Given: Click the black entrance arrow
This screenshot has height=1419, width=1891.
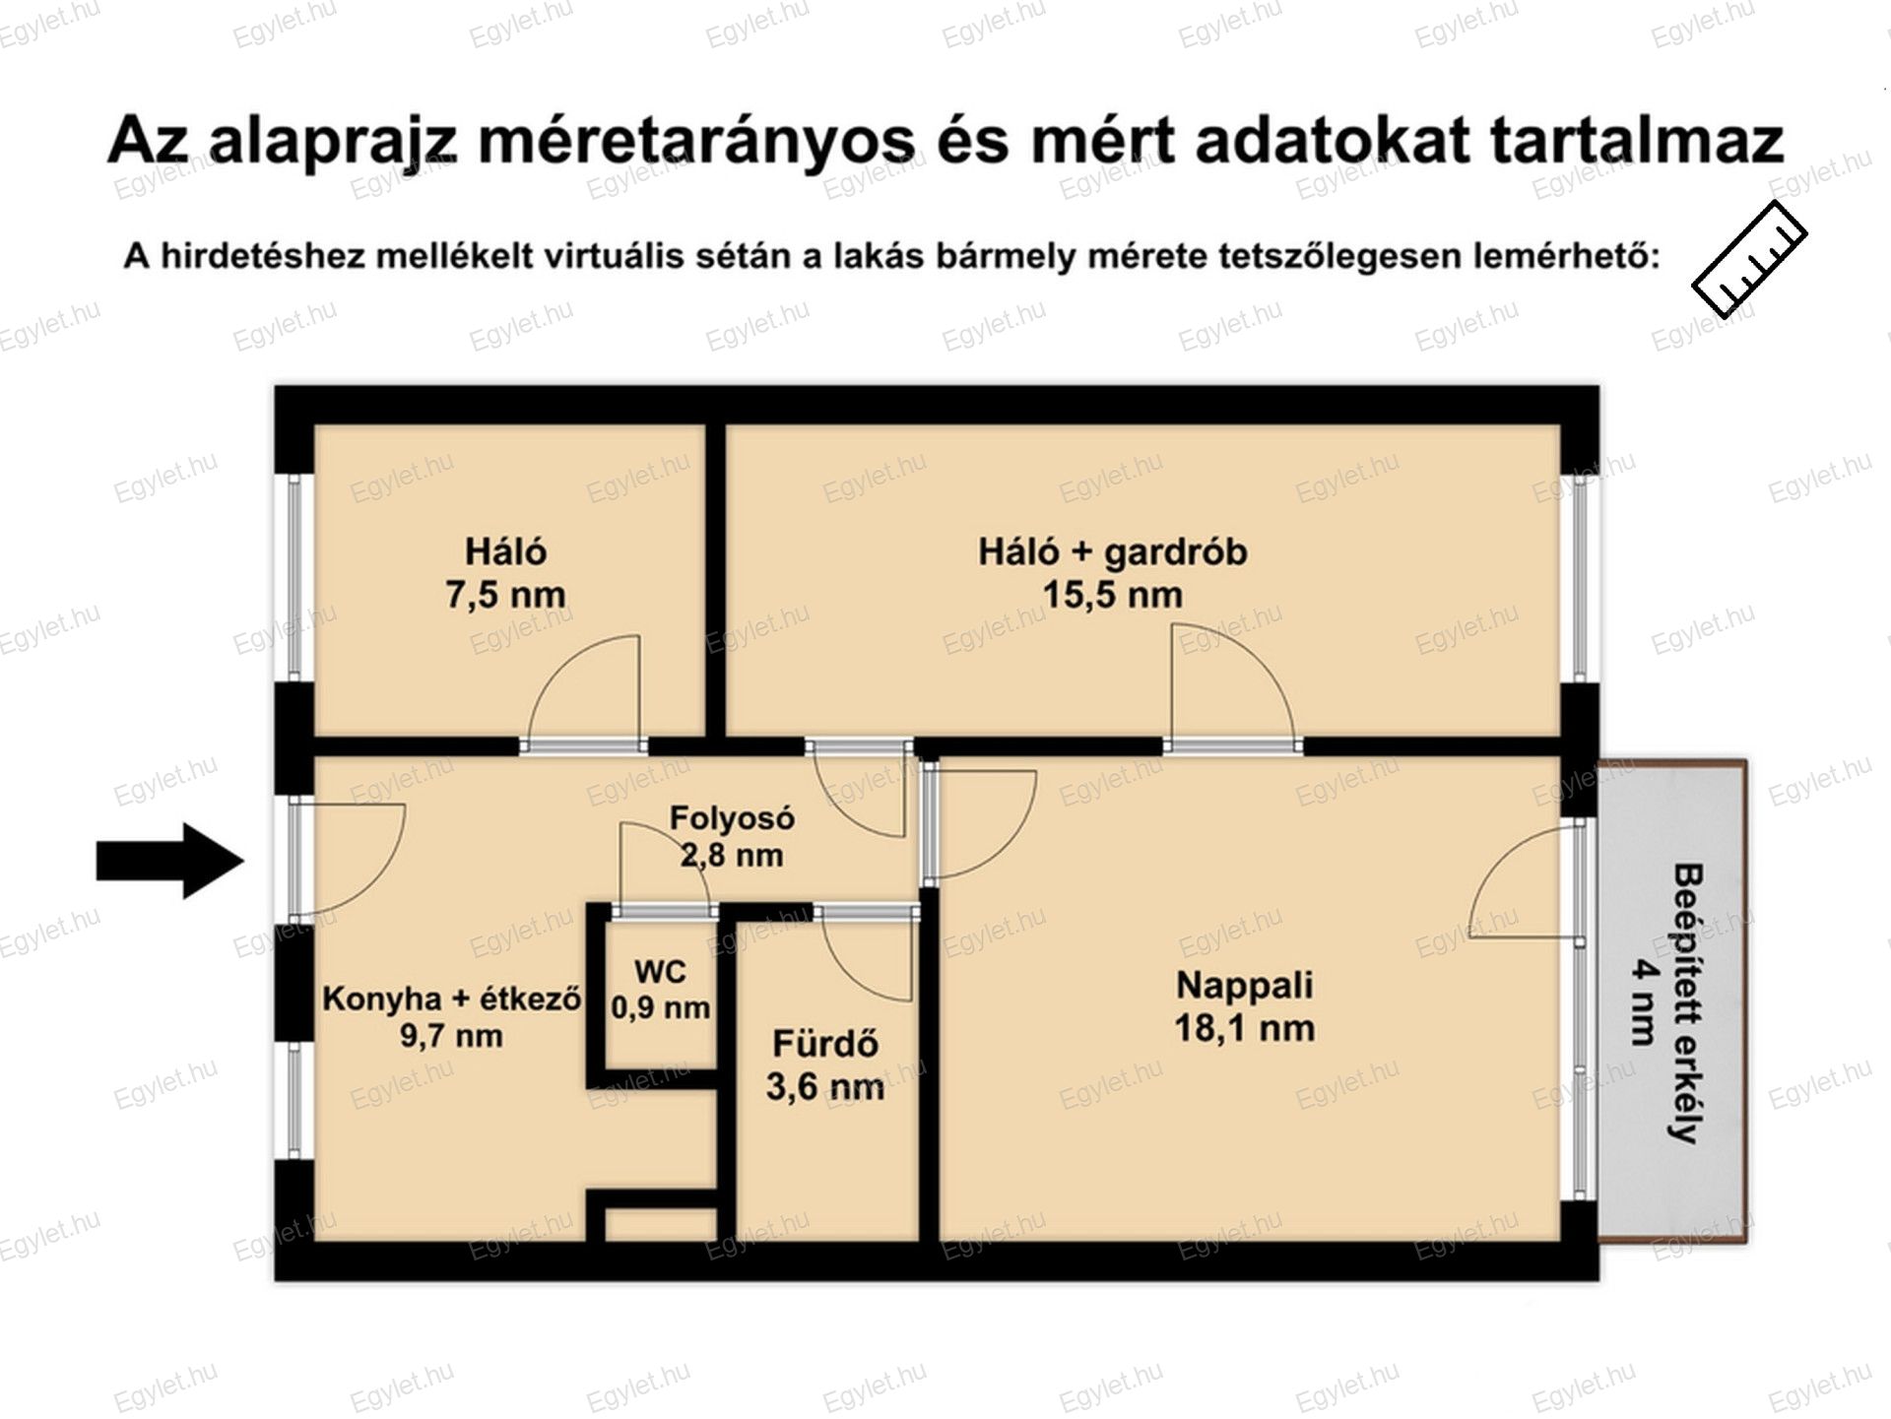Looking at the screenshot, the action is [169, 861].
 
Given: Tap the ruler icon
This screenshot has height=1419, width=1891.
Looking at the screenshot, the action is [1750, 259].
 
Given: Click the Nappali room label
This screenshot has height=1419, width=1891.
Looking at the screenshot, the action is [1245, 985].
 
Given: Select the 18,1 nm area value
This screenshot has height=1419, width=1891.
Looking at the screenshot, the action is [1245, 1028].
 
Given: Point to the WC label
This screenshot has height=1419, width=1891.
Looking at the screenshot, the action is [660, 972].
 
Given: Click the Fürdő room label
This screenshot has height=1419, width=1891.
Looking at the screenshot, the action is [825, 1043].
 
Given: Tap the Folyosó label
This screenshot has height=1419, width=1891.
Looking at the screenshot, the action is [732, 817].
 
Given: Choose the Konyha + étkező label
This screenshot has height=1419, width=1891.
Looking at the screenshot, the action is [452, 999].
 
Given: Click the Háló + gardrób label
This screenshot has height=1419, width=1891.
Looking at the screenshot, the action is [1113, 551].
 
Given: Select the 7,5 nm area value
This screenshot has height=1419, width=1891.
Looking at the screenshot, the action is [505, 595].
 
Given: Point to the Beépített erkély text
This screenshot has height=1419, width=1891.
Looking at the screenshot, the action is [1687, 1002].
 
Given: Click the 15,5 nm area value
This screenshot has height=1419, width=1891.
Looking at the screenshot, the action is [1113, 595].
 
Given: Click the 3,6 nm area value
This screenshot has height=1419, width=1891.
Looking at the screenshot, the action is [825, 1087].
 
